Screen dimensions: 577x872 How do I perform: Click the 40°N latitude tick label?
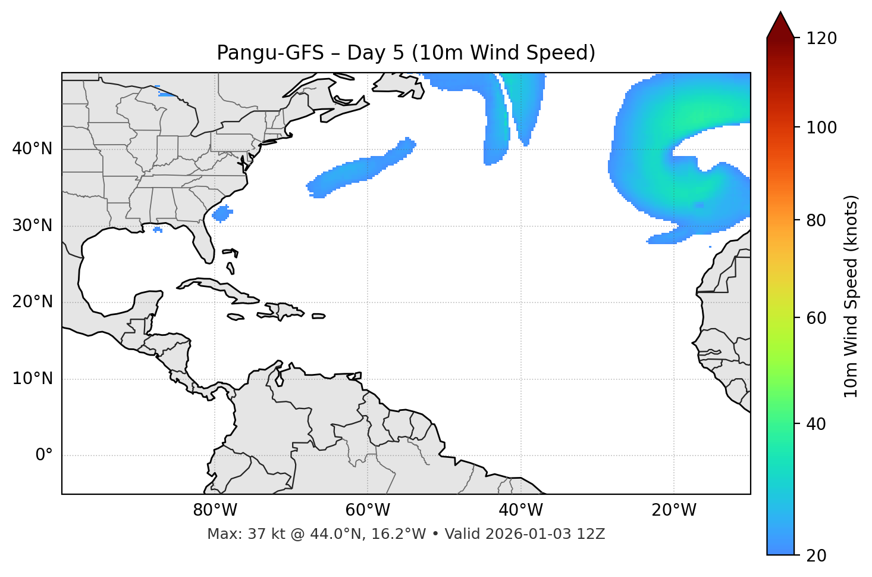click(x=32, y=149)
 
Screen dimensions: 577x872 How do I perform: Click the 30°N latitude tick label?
click(x=32, y=226)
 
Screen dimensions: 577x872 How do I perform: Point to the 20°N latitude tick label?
click(x=32, y=302)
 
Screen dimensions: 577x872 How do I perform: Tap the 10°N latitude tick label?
click(x=32, y=379)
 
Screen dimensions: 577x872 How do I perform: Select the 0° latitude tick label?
click(x=44, y=456)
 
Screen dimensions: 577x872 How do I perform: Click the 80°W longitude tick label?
click(x=215, y=510)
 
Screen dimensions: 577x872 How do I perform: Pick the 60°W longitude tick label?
click(x=368, y=510)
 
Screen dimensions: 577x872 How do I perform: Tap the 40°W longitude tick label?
click(x=520, y=510)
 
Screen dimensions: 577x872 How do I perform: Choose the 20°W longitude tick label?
click(x=673, y=510)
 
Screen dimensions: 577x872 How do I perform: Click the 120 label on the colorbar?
click(x=821, y=39)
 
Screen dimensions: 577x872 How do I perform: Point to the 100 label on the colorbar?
click(x=821, y=127)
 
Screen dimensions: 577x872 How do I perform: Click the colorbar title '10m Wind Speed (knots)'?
click(x=851, y=296)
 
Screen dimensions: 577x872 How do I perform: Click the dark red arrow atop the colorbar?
click(x=780, y=26)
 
